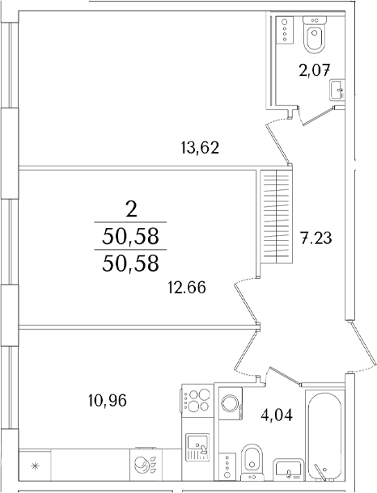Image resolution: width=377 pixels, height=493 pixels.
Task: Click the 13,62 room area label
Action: pos(200,147)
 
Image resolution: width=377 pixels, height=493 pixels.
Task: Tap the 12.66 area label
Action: pos(187,287)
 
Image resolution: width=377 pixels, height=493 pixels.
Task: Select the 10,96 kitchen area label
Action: pos(108,401)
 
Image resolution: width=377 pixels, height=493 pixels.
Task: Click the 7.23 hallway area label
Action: pos(316,238)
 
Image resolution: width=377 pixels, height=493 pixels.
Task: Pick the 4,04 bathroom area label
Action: pos(277,415)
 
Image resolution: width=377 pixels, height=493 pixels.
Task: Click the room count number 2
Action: pos(132,209)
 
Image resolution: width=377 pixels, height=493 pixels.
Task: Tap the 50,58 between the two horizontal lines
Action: pos(130,237)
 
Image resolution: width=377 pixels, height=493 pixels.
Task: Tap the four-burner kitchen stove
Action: pos(196,400)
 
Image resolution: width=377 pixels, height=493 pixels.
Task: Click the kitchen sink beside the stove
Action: pos(197,447)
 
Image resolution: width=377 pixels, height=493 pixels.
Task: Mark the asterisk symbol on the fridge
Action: pos(36,466)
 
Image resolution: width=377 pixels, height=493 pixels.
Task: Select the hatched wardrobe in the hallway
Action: pos(276,217)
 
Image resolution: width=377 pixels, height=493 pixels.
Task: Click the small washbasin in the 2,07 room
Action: pos(337,91)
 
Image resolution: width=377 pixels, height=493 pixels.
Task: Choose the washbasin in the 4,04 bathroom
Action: pos(289,470)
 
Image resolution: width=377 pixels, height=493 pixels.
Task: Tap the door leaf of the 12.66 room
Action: pos(246,304)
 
